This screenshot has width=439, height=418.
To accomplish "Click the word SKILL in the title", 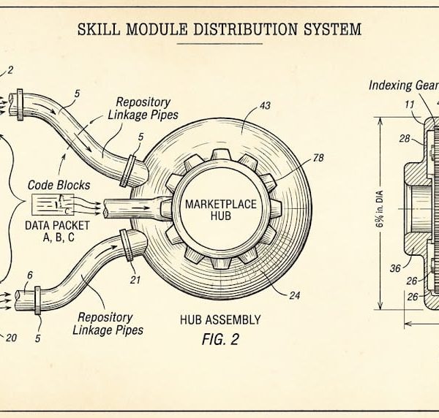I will point(102,30).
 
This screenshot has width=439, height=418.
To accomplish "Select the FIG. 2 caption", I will point(219,340).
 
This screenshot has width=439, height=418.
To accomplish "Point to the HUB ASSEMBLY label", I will point(219,320).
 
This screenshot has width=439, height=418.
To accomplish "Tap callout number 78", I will point(318,156).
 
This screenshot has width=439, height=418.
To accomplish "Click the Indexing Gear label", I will point(400,85).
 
